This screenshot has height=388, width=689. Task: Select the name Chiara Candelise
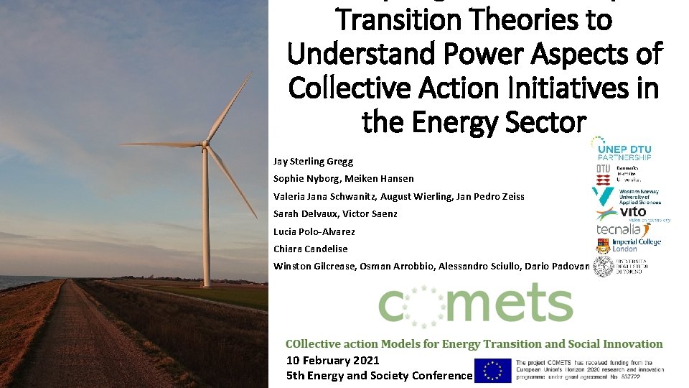(x=310, y=249)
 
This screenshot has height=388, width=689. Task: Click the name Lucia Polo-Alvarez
(x=314, y=231)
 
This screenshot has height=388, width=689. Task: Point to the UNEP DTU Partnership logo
(x=622, y=148)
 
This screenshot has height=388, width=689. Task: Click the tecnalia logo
(x=619, y=228)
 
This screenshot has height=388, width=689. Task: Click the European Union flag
(x=493, y=370)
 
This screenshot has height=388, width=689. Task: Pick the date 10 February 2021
(x=332, y=360)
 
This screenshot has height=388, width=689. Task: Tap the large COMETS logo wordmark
(x=475, y=305)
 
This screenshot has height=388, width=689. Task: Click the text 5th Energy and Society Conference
(x=379, y=375)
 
